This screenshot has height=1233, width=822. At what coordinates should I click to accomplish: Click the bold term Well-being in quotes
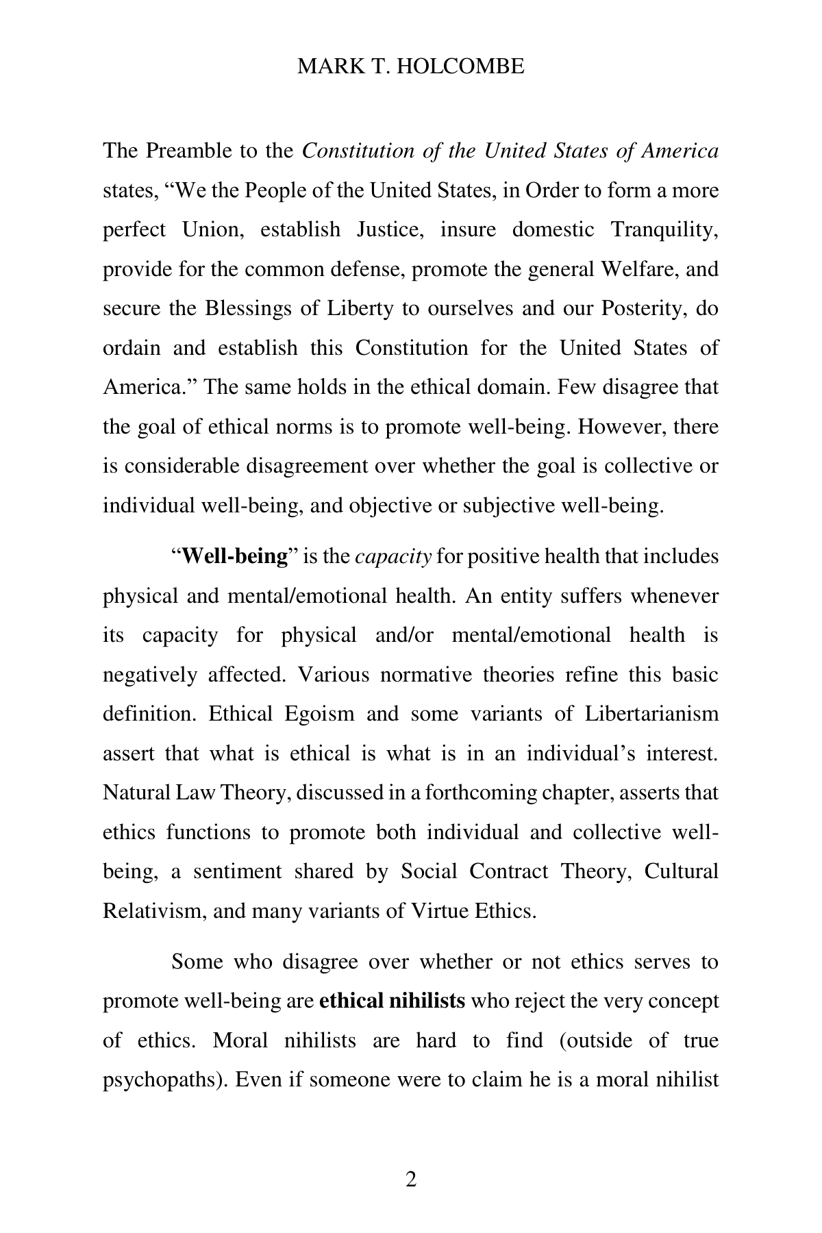coord(235,556)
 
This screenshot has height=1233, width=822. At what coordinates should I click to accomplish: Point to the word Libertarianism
coord(651,714)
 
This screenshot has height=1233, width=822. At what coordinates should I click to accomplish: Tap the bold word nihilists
coord(427,1001)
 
